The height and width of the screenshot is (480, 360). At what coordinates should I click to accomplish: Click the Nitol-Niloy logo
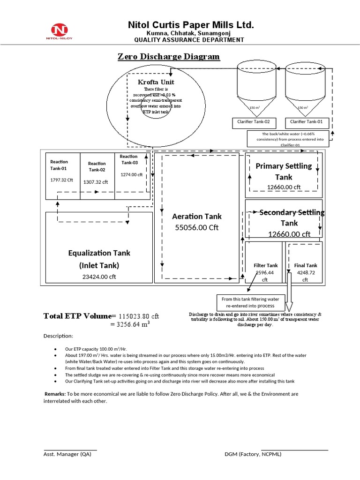(x=60, y=31)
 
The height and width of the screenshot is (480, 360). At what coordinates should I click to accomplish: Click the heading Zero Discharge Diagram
(x=168, y=57)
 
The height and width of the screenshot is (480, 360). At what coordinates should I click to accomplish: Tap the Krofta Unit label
(x=156, y=82)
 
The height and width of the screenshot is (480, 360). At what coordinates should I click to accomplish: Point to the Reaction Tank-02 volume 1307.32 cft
(x=96, y=182)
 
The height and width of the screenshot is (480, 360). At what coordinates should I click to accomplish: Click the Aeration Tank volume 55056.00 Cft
(x=196, y=227)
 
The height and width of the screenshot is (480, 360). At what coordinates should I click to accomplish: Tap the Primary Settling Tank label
(x=283, y=172)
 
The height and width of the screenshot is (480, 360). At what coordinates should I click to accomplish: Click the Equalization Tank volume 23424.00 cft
(x=99, y=277)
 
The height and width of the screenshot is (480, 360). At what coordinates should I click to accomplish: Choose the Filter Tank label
(x=266, y=265)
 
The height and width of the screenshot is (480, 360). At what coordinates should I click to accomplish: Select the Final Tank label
(x=306, y=265)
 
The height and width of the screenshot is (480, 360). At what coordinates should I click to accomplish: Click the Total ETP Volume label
(x=79, y=315)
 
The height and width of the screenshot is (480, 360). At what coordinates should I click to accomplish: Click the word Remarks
(x=55, y=394)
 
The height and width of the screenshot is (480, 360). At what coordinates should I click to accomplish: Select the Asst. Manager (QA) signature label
(x=67, y=454)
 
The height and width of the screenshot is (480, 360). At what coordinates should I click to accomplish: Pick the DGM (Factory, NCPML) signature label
(x=253, y=454)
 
